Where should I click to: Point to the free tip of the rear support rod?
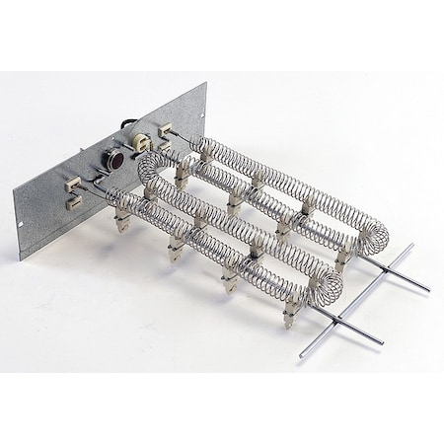coord(428,287)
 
